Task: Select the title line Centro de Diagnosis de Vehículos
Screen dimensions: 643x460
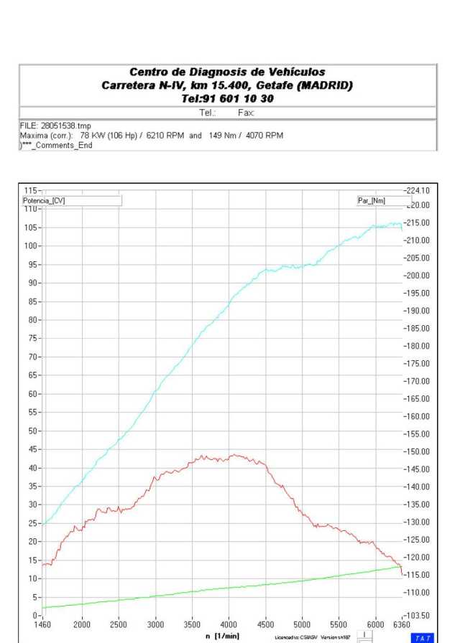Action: (227, 72)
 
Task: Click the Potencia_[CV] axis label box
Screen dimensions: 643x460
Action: (72, 201)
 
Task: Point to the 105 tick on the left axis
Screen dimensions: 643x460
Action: (32, 227)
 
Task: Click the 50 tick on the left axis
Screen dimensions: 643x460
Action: (32, 431)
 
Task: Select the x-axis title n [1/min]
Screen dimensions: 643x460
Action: (227, 634)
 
